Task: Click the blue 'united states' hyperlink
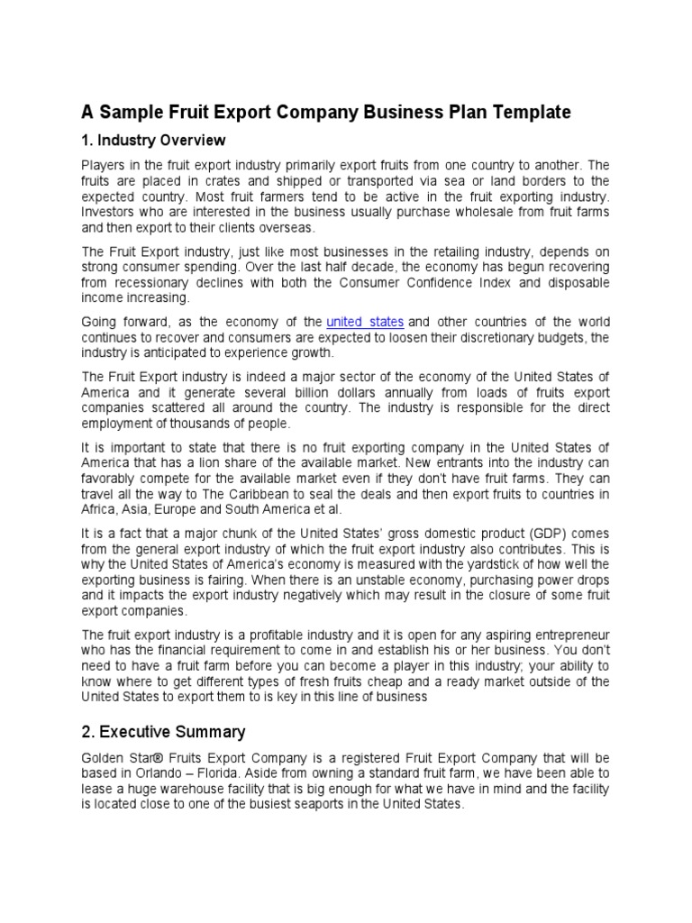click(x=365, y=322)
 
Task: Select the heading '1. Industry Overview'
click(x=153, y=141)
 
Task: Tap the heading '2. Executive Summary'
click(x=163, y=731)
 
